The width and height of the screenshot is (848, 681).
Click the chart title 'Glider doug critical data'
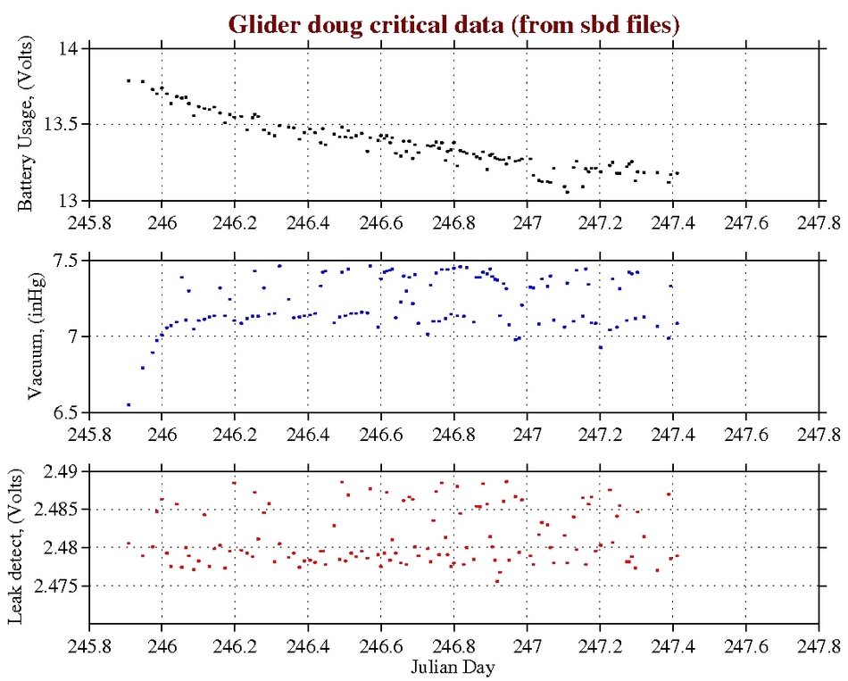(454, 24)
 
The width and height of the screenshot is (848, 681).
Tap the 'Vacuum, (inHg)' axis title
(35, 336)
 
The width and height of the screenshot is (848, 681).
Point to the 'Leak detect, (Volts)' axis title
(26, 547)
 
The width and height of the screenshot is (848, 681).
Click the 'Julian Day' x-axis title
(454, 666)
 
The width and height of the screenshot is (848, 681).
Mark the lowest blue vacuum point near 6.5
(129, 404)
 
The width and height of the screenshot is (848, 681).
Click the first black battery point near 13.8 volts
(129, 80)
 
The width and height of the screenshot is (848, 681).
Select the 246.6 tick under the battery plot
(381, 220)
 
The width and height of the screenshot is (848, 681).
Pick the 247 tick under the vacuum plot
(528, 433)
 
